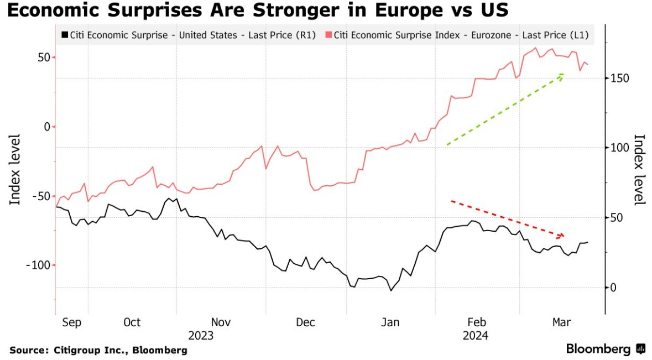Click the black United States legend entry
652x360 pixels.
189,35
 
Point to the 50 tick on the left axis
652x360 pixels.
43,58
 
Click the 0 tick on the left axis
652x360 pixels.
47,127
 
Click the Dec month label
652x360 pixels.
305,322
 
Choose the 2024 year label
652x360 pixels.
475,336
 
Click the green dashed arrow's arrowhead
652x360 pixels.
562,75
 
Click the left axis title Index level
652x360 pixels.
15,169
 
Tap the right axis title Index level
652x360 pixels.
639,169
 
